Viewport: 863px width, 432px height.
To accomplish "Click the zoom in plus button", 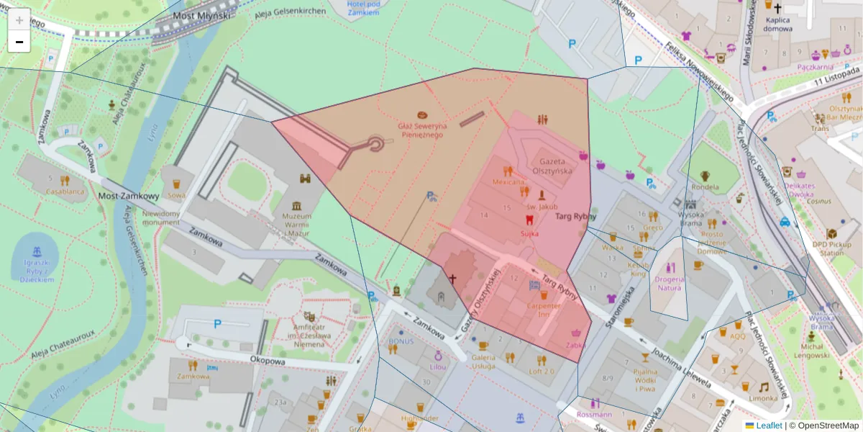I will coord(19,20).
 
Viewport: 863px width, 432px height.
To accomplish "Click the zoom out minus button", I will coord(19,42).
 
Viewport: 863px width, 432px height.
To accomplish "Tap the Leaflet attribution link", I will coord(769,426).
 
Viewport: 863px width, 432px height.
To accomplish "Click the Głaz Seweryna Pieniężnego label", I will coord(423,130).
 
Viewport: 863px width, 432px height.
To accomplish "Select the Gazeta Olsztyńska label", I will coord(551,166).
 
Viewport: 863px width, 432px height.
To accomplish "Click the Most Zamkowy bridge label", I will coord(128,196).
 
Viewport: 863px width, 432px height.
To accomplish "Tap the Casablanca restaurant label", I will coord(65,192).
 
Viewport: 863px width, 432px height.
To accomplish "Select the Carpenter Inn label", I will coord(544,309).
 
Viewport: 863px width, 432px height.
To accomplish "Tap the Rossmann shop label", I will coord(594,415).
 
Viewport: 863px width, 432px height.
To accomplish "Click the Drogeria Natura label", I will coord(670,283).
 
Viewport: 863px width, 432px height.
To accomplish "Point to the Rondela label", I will coord(705,187).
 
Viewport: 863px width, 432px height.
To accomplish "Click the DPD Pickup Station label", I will coord(831,248).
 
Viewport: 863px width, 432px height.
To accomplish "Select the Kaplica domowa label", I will coord(778,24).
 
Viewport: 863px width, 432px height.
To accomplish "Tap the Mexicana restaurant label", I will coord(509,182).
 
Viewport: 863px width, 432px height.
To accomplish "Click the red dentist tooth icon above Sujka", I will coord(530,220).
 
